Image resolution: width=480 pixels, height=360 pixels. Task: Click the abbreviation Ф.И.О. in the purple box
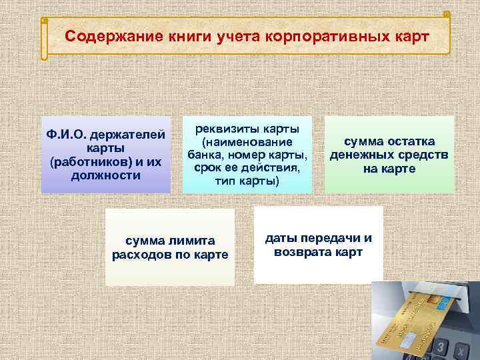(68, 135)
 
